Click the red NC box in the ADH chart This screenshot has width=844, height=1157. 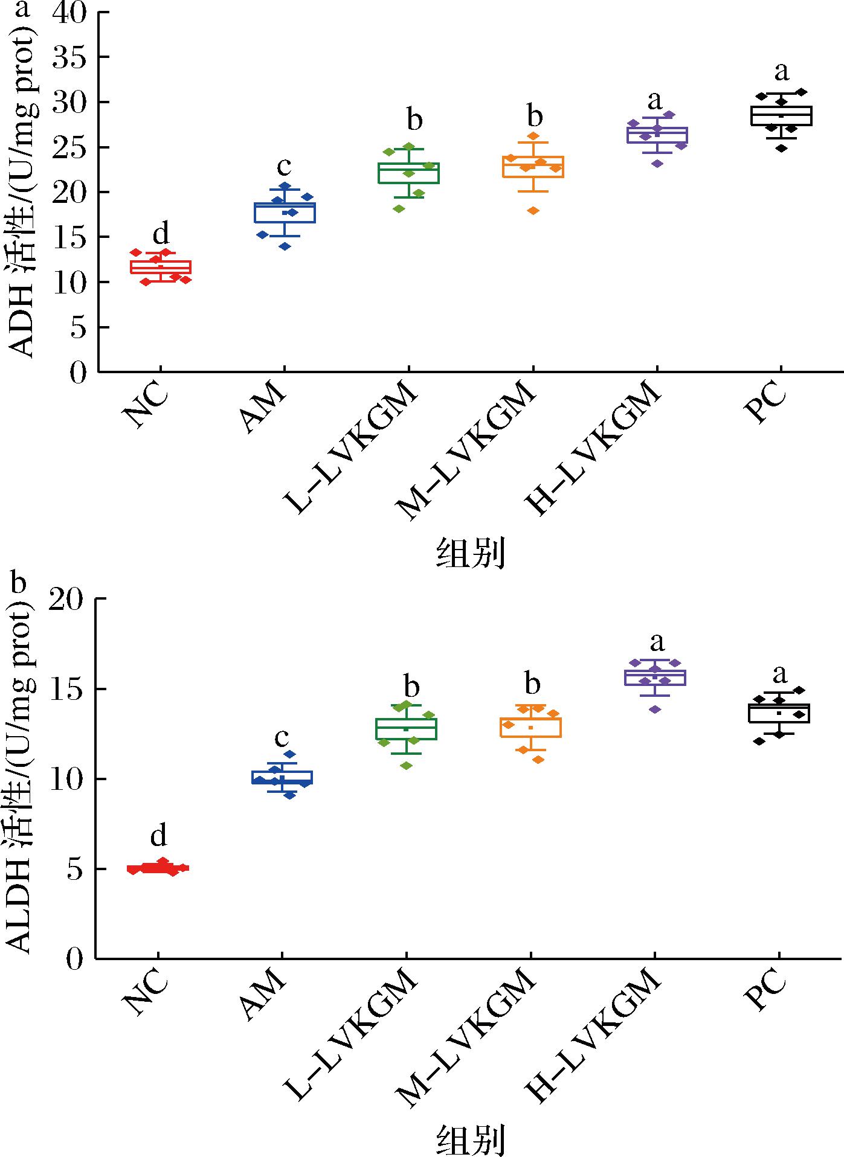coord(161,267)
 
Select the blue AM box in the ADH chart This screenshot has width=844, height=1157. coord(285,213)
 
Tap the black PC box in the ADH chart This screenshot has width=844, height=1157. coord(781,115)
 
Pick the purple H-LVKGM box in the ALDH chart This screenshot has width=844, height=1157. coord(656,677)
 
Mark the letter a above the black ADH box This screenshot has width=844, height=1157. coord(781,71)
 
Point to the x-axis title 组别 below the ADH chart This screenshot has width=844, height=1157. coord(470,553)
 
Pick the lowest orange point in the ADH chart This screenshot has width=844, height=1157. coord(532,210)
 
